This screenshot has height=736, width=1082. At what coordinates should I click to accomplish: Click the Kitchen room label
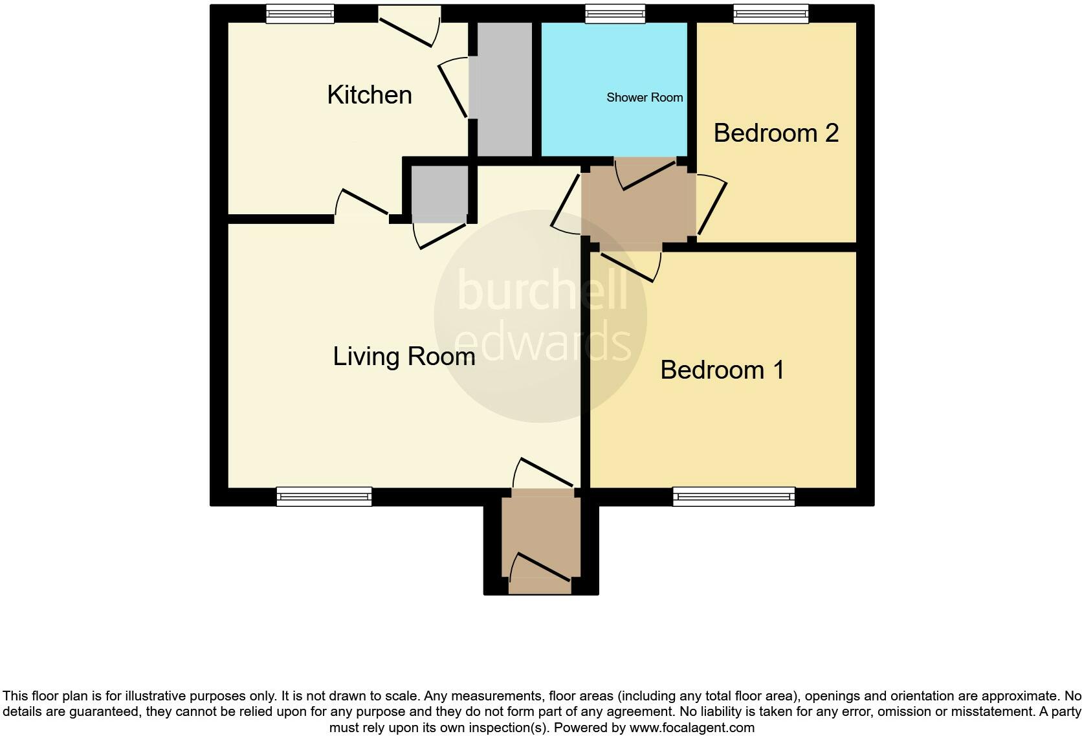(370, 95)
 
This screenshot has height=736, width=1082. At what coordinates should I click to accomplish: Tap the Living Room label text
(404, 357)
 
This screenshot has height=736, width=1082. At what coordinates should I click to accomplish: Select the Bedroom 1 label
(722, 370)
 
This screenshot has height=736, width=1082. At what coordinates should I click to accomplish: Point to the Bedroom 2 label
(776, 133)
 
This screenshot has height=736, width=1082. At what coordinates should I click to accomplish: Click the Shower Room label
(645, 98)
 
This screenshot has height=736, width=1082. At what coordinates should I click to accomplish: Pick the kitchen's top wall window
(300, 14)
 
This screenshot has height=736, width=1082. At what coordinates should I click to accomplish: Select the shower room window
(615, 14)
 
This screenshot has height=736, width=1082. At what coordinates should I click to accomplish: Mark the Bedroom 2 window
(771, 14)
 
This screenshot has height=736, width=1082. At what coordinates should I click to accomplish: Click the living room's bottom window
(324, 496)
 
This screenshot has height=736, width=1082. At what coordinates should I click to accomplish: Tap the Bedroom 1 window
(734, 496)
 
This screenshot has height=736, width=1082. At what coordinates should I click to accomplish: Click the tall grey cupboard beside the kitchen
(504, 89)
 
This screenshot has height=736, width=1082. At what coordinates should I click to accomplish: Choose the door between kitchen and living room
(363, 202)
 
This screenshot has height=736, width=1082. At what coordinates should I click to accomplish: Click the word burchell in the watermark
(542, 291)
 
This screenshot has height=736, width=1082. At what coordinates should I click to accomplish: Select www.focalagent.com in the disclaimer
(692, 728)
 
